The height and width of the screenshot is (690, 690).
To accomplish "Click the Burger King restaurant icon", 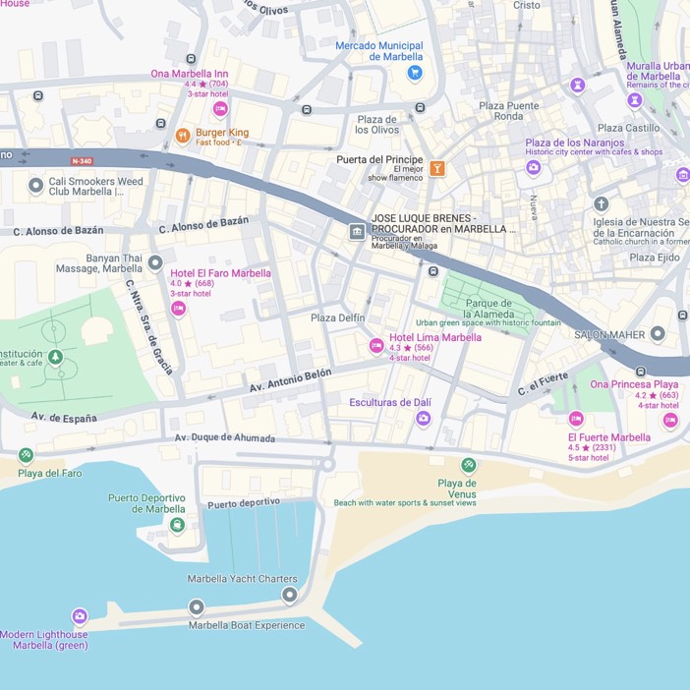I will point(182,136).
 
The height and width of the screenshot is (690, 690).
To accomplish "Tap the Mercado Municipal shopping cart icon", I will point(415,73).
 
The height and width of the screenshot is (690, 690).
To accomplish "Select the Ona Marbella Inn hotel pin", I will point(220,109).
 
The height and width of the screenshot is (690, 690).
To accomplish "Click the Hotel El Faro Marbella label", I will point(220,273).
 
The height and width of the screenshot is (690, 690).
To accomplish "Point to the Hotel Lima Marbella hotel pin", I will point(375,345).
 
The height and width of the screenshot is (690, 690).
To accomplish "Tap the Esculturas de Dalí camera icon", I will point(423,419).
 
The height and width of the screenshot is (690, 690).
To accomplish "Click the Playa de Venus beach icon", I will point(469,465).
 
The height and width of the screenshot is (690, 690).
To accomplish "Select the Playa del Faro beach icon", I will point(26,455).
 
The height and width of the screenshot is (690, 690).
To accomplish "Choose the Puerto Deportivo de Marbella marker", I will point(177,525).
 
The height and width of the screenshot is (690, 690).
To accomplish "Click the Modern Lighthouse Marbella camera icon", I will point(80,616).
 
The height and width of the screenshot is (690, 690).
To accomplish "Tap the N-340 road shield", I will point(83,160).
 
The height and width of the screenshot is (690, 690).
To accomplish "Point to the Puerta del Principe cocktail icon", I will point(437,168).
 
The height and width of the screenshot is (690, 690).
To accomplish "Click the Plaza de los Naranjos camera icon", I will point(533,167).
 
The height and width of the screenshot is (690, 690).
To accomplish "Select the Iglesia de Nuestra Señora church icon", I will point(601,204).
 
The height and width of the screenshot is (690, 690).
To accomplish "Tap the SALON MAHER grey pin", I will point(658,334).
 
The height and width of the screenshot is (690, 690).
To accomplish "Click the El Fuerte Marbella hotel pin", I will point(576,419).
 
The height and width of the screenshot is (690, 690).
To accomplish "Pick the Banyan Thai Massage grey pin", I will point(154,262).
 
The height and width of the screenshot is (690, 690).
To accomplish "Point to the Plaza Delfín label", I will point(337,317).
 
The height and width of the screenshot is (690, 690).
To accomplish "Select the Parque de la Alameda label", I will point(489,309).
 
